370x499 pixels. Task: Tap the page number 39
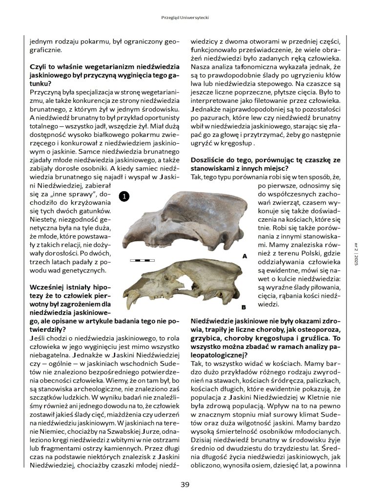185,484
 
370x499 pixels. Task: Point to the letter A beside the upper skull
245,255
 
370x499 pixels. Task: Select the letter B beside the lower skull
243,307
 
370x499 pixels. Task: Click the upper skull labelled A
190,219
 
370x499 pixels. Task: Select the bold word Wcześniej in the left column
47,288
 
